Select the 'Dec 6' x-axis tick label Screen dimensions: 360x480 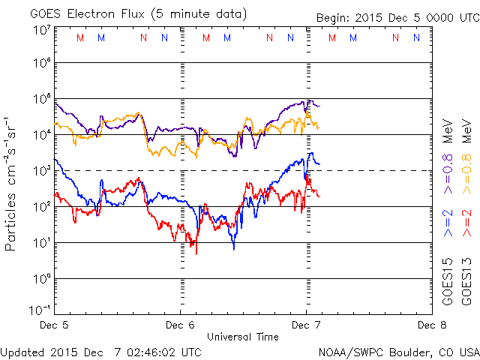click(x=180, y=325)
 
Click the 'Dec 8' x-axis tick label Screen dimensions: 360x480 click(x=426, y=325)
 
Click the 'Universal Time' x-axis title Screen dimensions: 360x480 click(x=243, y=337)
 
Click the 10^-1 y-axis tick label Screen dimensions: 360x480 click(x=40, y=310)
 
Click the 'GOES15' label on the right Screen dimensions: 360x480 click(x=448, y=283)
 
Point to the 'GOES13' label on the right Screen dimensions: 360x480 click(x=466, y=283)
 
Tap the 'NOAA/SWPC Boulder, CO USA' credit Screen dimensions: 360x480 click(x=398, y=352)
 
